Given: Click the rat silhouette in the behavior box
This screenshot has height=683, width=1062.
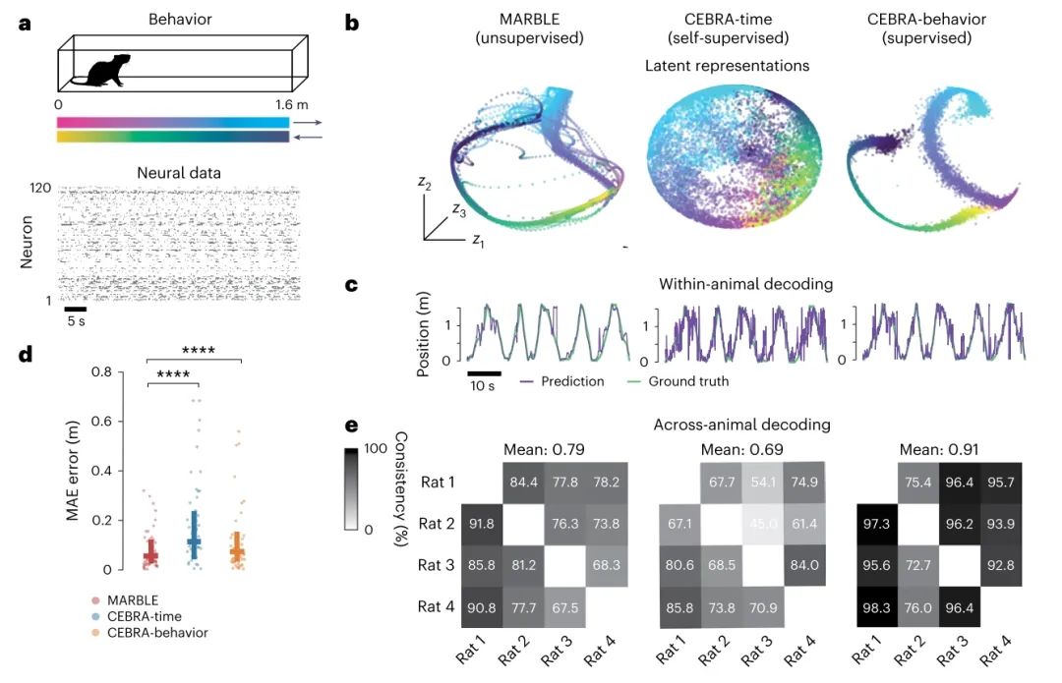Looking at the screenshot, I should (107, 72).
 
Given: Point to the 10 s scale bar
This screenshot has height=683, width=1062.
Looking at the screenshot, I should (484, 372).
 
